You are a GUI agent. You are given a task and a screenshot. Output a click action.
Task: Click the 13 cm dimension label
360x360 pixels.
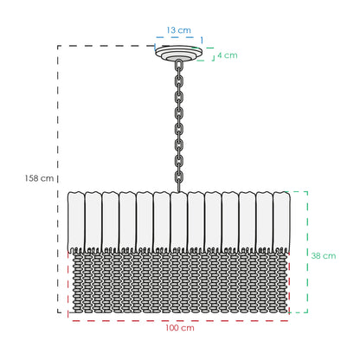pyautogui.click(x=178, y=30)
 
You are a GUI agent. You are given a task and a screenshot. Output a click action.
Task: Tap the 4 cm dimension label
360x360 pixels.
pyautogui.click(x=228, y=55)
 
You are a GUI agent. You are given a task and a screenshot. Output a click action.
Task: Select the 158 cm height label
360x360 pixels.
pyautogui.click(x=39, y=178)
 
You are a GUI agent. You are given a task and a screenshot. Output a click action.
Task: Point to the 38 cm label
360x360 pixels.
pyautogui.click(x=324, y=255)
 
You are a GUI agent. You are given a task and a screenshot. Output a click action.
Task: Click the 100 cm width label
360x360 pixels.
pyautogui.click(x=180, y=328)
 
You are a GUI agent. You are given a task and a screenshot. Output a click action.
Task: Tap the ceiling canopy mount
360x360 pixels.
pyautogui.click(x=178, y=53)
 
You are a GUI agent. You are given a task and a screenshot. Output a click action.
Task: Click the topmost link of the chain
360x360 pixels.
pyautogui.click(x=179, y=64)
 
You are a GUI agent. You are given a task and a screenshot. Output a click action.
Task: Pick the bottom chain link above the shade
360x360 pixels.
pyautogui.click(x=179, y=184)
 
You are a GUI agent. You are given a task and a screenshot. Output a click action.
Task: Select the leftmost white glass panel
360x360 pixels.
pyautogui.click(x=76, y=222)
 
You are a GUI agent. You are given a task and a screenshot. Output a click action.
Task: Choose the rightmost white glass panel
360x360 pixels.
pyautogui.click(x=281, y=222)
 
